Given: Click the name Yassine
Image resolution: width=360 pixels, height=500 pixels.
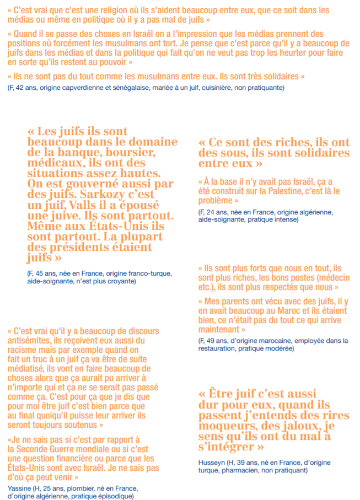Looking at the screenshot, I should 20,488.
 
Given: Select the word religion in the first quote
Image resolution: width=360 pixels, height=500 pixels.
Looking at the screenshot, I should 114,10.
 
